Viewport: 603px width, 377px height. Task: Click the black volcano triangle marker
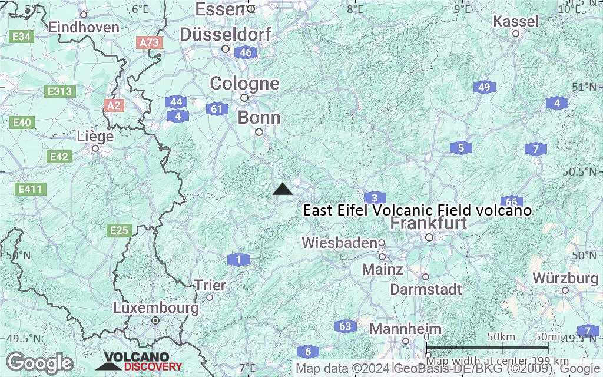coord(283,189)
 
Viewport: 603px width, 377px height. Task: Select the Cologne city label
coord(244,84)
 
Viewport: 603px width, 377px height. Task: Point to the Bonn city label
coord(259,118)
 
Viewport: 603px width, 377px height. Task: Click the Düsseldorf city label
coord(226,35)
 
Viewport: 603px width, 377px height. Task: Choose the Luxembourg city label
coord(155,307)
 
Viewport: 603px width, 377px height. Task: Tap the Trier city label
coord(210,286)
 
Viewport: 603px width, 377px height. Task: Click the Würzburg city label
coord(565,277)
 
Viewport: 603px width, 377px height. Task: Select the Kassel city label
coord(516,22)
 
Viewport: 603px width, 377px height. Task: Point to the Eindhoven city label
coord(84,27)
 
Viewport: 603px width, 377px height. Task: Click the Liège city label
coord(95,137)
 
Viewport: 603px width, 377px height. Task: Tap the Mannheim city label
coord(406,328)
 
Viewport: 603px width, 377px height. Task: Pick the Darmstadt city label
coord(426,289)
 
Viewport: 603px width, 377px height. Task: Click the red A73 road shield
coord(148,42)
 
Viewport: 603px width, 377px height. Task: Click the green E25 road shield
coord(119,230)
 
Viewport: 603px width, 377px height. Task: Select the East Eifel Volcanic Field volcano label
coord(417,210)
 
